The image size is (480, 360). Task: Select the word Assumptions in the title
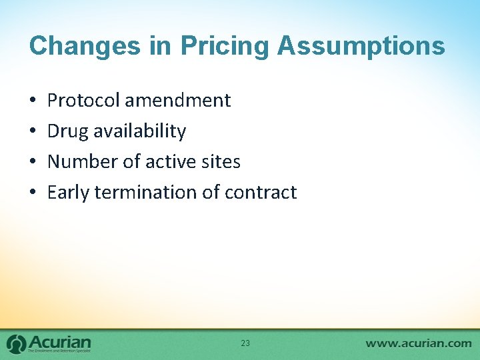tap(361, 46)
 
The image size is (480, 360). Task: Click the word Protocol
tap(84, 101)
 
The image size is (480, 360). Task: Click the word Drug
tap(68, 131)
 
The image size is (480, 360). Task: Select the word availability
tap(140, 131)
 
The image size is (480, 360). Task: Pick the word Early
tap(69, 193)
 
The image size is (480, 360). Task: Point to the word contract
tap(261, 193)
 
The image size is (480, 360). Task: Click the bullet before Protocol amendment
tap(33, 101)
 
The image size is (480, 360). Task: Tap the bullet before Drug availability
tap(33, 132)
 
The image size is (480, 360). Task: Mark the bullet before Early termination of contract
tap(33, 193)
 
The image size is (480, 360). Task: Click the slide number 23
tap(245, 343)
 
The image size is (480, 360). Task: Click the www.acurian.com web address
tap(418, 343)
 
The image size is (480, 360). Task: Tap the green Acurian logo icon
tap(17, 343)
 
